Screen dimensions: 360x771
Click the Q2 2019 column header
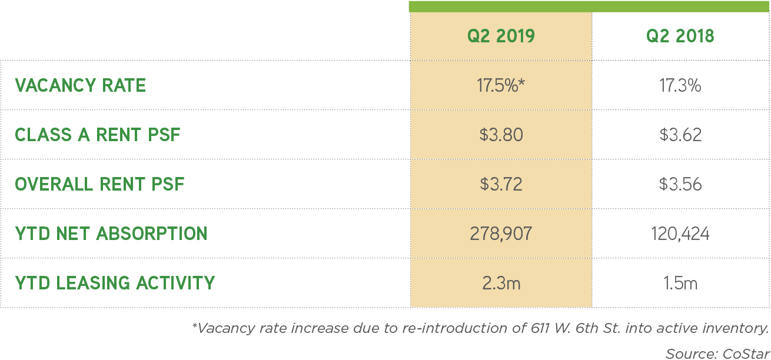(501, 36)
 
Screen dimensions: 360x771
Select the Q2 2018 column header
(680, 36)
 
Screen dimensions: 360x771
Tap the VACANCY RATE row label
(81, 86)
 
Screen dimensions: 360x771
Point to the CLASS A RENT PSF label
(98, 135)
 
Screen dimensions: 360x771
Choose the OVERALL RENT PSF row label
(99, 185)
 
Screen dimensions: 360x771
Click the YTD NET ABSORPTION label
(111, 234)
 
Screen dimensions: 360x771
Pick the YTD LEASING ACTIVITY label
(115, 284)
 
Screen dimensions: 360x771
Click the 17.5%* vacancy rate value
(501, 86)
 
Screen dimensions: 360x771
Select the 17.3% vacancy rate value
(680, 86)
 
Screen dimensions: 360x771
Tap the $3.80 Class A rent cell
(501, 135)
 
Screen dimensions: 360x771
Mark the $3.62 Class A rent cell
(680, 135)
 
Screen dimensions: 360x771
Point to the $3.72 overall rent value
(501, 185)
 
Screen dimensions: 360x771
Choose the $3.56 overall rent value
(680, 185)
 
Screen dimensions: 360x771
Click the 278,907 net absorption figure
(501, 234)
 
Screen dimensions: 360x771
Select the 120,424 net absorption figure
(680, 234)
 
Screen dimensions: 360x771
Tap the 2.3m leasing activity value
(501, 284)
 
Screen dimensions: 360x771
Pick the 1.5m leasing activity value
(680, 284)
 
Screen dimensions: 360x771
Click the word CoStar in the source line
(745, 354)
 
